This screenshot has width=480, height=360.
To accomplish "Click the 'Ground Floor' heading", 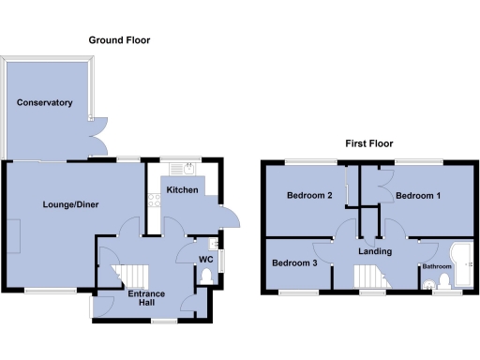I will click(x=119, y=40).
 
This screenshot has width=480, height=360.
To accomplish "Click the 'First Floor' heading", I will click(x=368, y=144).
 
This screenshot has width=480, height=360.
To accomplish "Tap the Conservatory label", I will click(x=44, y=102).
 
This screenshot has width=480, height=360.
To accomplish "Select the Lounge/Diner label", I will click(x=70, y=203).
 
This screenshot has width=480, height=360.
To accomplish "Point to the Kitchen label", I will click(x=182, y=189).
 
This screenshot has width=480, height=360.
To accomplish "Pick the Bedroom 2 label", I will click(x=309, y=196).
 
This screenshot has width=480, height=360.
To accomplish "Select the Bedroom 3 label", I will click(x=294, y=263).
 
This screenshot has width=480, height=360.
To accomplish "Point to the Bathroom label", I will click(x=436, y=267).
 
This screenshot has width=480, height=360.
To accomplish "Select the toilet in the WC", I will click(x=206, y=277).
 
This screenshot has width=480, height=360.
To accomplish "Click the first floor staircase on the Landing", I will click(x=366, y=277).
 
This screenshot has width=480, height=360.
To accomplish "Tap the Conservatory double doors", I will click(x=96, y=138).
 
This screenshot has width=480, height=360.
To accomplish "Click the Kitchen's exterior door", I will click(x=228, y=217).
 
